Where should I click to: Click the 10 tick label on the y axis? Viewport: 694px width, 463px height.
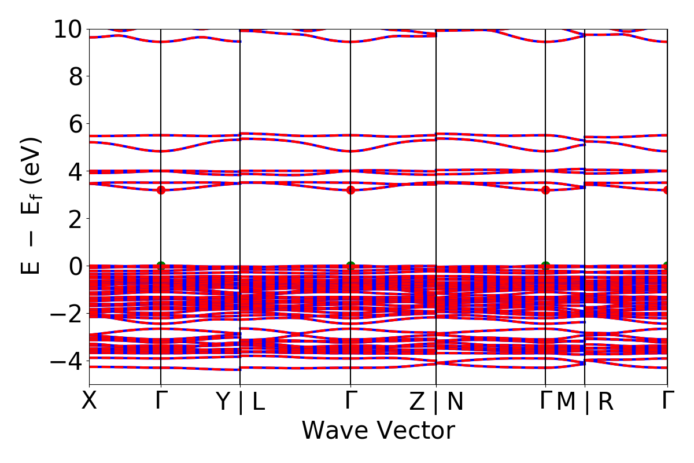[x=68, y=30]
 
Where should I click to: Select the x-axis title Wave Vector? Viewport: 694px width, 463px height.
[x=378, y=431]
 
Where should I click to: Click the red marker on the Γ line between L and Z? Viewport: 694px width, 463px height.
[x=350, y=190]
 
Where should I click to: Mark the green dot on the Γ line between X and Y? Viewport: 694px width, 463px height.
[x=161, y=266]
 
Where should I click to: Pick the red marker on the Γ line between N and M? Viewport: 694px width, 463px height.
[x=545, y=190]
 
